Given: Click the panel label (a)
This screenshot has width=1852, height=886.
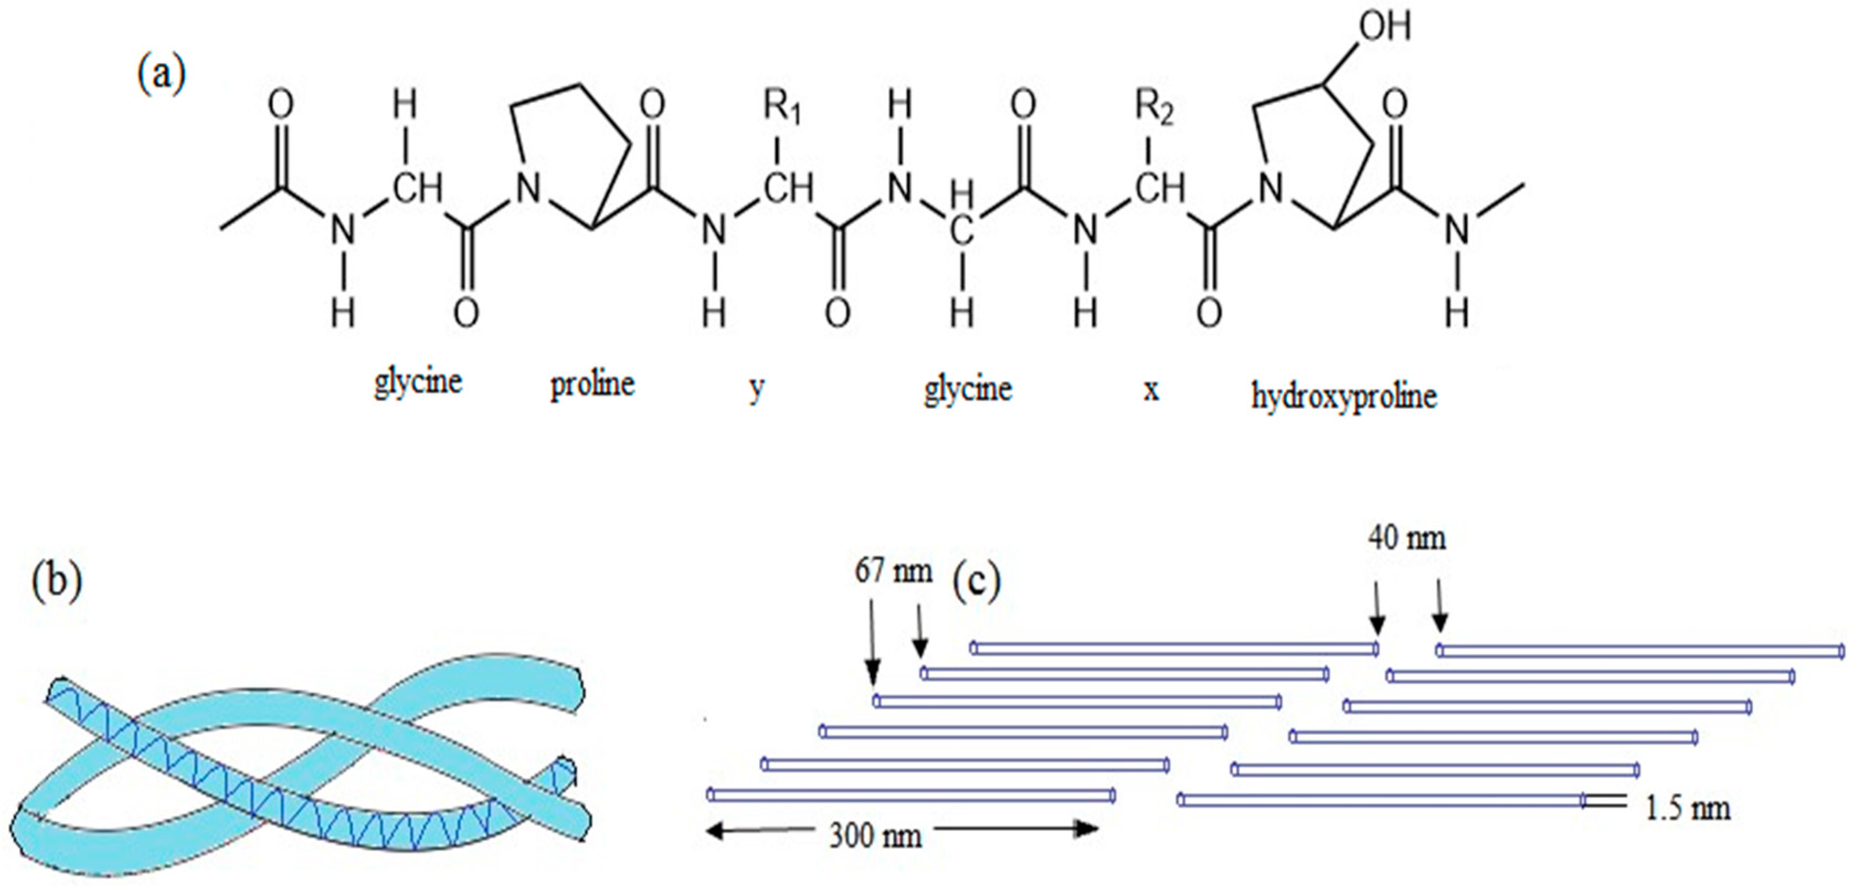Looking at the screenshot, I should click(161, 74).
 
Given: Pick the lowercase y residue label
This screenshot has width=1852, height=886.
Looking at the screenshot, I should click(756, 389).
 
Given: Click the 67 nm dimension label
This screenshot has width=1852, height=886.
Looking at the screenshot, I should click(894, 572).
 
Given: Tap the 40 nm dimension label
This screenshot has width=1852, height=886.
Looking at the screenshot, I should click(1407, 538).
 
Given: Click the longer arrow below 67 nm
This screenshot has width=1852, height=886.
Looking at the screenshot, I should click(872, 644).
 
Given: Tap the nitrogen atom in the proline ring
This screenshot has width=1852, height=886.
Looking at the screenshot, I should click(528, 189).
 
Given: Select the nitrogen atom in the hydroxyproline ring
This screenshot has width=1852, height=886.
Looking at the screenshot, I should click(1271, 189).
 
